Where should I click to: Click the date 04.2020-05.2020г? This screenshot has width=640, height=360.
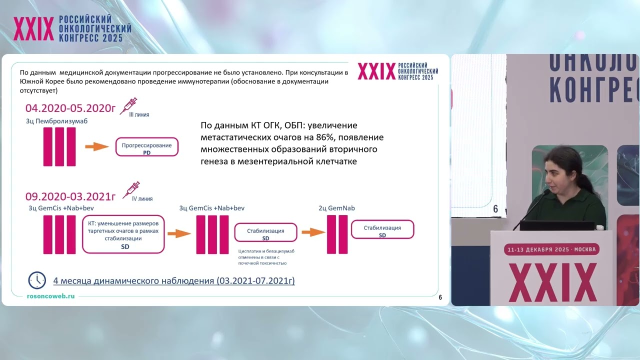[70, 107]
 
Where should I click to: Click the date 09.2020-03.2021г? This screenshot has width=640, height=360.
[70, 195]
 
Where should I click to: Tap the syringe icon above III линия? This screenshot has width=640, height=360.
[129, 106]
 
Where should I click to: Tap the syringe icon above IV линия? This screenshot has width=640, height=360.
[131, 189]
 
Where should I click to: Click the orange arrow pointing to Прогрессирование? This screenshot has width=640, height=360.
[96, 146]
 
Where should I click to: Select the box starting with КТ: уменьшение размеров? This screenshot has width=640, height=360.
[123, 234]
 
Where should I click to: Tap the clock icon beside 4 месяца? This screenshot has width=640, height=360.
[37, 280]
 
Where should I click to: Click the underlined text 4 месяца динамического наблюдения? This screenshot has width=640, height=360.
[173, 280]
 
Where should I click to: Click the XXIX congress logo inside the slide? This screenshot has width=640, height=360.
[397, 71]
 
